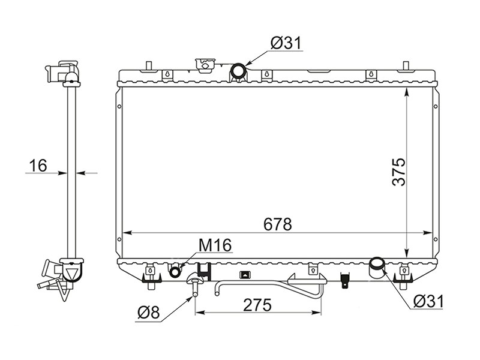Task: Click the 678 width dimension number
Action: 278,224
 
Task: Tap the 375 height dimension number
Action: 399,172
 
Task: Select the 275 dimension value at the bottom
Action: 257,305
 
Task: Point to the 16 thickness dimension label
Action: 38,166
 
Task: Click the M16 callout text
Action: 215,245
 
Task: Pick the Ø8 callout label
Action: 148,313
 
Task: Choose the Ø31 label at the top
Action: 286,43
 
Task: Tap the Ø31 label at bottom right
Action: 428,302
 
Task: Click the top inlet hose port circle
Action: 238,71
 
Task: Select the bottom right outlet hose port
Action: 377,268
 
